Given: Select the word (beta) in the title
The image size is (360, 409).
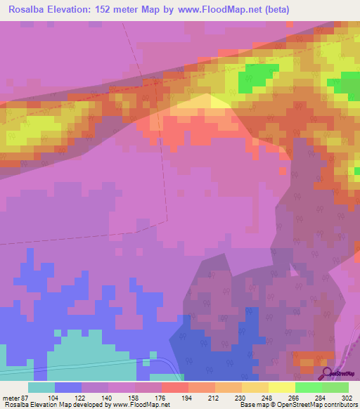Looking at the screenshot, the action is pos(272,10).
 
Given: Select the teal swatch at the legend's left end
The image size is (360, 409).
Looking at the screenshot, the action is pos(41,387).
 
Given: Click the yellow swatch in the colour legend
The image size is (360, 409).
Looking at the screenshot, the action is pos(281,387).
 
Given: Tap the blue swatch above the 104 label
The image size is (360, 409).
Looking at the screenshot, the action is pos(68,387).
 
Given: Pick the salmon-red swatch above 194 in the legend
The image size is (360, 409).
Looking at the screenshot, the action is pos(174,387).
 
